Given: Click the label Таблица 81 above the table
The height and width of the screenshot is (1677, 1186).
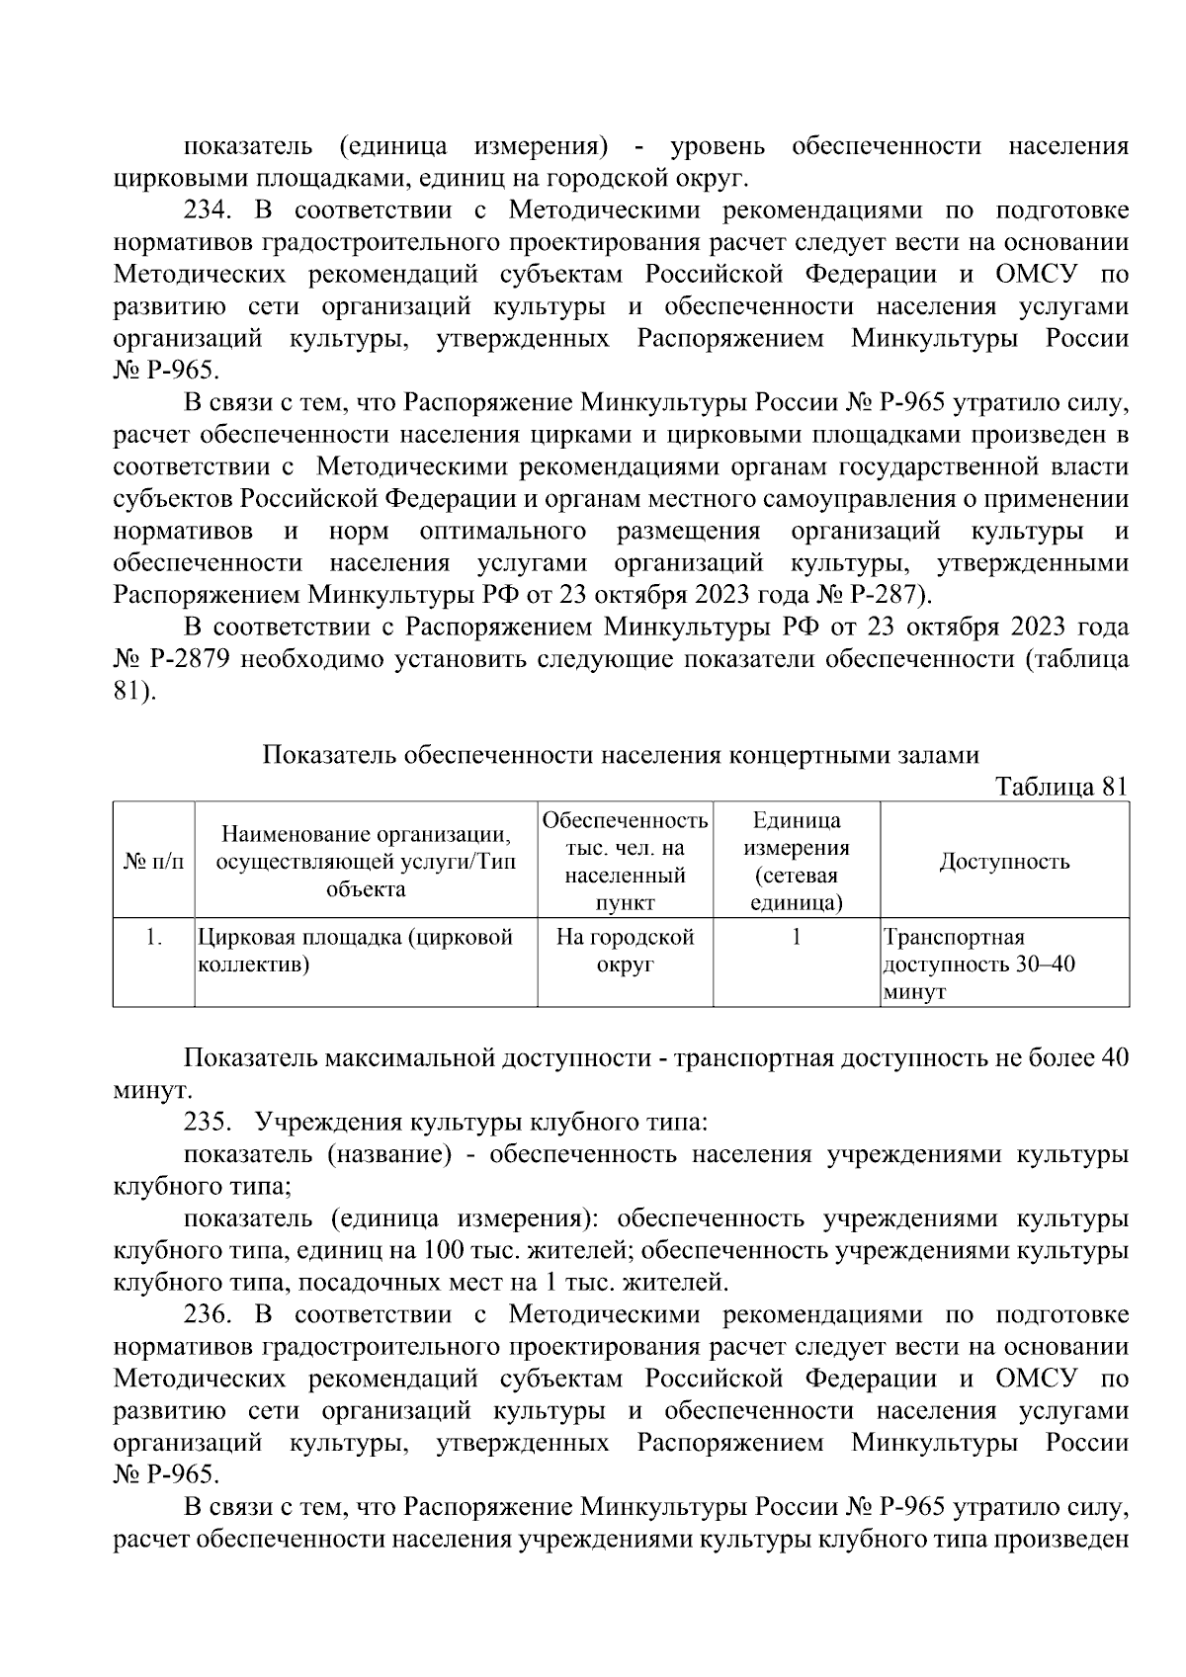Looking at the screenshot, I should [1060, 787].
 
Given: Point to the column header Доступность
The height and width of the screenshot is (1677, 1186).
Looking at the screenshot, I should [1003, 861].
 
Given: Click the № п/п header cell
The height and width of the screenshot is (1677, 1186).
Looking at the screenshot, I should [153, 861].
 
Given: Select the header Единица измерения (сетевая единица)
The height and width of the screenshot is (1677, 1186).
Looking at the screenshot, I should [796, 861].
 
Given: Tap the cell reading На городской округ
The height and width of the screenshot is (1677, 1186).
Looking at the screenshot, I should [625, 951].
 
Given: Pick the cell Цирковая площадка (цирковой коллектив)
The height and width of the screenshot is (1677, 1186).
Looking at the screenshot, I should [356, 951].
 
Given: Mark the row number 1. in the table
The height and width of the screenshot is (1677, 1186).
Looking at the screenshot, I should [153, 937].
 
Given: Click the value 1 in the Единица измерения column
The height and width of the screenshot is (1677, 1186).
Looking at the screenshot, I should [796, 937].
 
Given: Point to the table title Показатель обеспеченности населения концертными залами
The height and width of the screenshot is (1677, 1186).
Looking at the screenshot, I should [621, 756].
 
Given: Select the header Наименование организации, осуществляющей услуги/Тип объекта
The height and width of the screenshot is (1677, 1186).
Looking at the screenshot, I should [366, 861].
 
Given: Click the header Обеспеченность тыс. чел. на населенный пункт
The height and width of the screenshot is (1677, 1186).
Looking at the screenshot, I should [625, 861].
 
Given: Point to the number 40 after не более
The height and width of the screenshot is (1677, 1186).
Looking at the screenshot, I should [1114, 1058].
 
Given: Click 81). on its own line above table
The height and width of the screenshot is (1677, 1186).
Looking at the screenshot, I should [134, 692].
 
